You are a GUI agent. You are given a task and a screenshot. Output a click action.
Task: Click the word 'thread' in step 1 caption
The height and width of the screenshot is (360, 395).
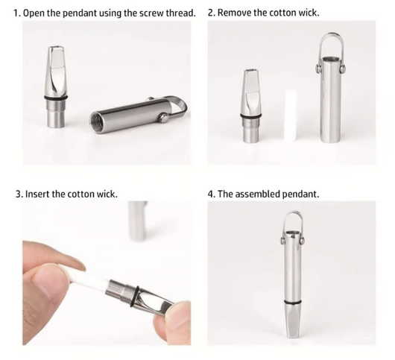click(180, 13)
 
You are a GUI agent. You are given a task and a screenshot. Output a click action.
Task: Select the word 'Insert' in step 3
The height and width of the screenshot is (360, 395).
click(38, 194)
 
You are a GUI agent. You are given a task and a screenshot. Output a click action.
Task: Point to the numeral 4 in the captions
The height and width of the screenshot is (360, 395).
click(210, 194)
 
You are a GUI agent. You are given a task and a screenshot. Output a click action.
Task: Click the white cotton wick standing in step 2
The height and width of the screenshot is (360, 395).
click(291, 115)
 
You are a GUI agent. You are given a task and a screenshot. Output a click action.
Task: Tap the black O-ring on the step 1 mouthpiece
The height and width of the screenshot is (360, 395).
click(56, 97)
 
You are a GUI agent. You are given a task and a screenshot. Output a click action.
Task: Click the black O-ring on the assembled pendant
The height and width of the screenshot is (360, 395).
click(293, 302)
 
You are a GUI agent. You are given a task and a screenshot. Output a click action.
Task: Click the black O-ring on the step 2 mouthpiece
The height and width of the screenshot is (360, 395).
click(251, 116)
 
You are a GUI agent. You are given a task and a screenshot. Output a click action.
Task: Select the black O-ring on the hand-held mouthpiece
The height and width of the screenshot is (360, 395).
click(136, 297)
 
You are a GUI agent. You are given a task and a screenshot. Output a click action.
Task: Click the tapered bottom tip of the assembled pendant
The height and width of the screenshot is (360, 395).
click(293, 337)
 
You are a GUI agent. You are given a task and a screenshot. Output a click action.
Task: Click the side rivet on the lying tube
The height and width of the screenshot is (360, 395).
click(163, 117)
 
